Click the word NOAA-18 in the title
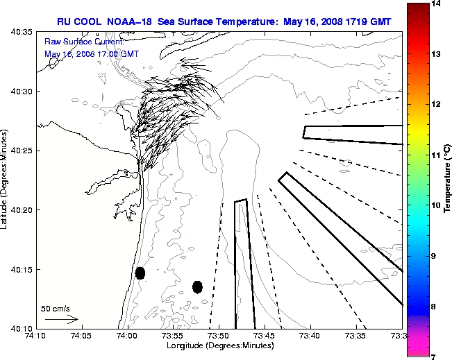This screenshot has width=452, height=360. [x=131, y=22]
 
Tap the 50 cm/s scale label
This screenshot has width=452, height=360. [x=56, y=308]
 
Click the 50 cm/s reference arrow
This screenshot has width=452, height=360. [x=60, y=319]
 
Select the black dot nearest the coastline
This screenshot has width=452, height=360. [x=140, y=273]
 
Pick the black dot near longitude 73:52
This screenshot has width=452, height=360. [x=197, y=286]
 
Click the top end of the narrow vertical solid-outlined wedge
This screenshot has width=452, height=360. [x=240, y=201]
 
